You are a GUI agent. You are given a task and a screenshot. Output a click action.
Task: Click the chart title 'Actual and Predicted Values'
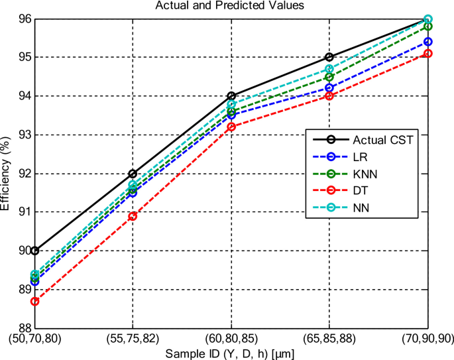tap(230, 6)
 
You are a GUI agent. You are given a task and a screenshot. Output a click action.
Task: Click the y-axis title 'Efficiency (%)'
tap(6, 173)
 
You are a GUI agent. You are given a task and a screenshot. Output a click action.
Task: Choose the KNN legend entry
tap(365, 174)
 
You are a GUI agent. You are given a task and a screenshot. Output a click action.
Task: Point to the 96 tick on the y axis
tap(24, 19)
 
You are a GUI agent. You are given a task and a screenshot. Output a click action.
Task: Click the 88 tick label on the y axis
tap(24, 328)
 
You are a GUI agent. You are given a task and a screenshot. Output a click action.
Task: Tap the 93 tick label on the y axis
tap(24, 135)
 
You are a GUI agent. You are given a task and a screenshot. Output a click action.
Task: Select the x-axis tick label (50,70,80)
tap(34, 339)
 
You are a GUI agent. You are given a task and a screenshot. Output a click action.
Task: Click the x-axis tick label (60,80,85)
tap(231, 339)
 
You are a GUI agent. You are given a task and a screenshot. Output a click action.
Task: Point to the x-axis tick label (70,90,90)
tap(427, 339)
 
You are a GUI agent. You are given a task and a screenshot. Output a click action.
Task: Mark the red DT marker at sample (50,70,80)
tap(34, 301)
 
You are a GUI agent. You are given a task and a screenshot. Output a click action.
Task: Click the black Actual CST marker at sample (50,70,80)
tap(34, 251)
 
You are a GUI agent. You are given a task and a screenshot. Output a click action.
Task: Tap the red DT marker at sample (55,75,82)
tap(133, 216)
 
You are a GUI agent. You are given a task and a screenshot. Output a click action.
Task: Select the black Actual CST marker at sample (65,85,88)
tap(329, 57)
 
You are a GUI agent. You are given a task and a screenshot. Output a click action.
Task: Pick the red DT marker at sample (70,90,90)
tap(427, 53)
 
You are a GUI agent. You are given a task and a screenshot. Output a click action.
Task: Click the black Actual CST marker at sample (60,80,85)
tap(231, 95)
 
